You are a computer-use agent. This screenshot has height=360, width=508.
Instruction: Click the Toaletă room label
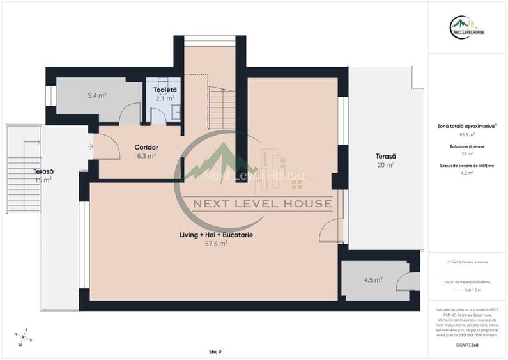pyautogui.click(x=165, y=90)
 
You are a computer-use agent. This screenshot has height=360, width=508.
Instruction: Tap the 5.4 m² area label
pyautogui.click(x=97, y=96)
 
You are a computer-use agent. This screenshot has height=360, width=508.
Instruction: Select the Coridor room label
pyautogui.click(x=146, y=147)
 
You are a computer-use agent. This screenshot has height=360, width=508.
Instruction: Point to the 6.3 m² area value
pyautogui.click(x=146, y=155)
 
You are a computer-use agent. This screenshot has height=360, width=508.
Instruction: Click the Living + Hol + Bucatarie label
pyautogui.click(x=216, y=235)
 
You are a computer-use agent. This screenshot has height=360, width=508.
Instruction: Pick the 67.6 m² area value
pyautogui.click(x=216, y=244)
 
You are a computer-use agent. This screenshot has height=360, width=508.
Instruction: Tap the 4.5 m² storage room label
pyautogui.click(x=373, y=280)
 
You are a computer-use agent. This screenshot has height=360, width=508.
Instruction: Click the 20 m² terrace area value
pyautogui.click(x=385, y=165)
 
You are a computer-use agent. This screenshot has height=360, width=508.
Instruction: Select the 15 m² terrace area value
pyautogui.click(x=43, y=180)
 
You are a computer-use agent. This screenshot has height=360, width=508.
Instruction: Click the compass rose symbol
pyautogui.click(x=23, y=337)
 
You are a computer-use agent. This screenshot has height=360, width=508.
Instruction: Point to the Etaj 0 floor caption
pyautogui.click(x=215, y=352)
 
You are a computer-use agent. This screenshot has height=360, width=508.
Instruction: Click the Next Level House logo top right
pyautogui.click(x=467, y=28)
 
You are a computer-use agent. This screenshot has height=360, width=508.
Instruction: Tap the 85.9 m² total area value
pyautogui.click(x=466, y=135)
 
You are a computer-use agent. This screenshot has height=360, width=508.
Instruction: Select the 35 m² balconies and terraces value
pyautogui.click(x=466, y=153)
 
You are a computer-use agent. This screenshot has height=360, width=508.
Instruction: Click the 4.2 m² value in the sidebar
pyautogui.click(x=466, y=172)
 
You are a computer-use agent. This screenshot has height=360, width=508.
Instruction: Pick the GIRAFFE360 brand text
pyautogui.click(x=466, y=345)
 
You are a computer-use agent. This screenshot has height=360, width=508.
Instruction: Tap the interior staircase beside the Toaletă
pyautogui.click(x=222, y=107)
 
